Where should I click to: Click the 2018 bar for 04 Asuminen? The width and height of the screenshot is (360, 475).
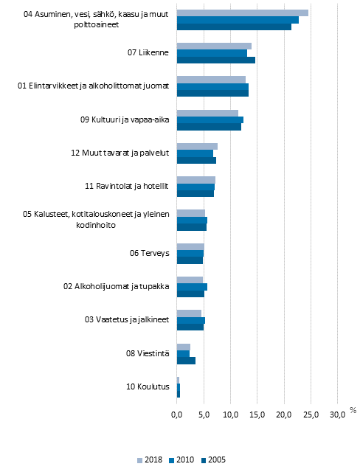[x=242, y=13]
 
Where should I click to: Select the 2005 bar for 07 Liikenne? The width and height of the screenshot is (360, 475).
[x=215, y=60]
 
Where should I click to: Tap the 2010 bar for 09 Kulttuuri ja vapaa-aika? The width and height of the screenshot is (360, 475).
[x=210, y=119]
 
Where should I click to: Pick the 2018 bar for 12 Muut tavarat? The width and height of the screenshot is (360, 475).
[x=197, y=146]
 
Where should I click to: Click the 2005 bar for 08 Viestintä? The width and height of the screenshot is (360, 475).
[x=186, y=361]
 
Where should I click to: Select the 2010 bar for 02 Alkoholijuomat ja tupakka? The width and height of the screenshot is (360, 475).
[x=192, y=287]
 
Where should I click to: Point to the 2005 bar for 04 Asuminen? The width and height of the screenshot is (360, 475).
[x=234, y=27]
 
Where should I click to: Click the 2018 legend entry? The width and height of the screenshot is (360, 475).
[x=150, y=460]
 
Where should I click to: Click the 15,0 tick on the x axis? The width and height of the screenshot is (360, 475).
[x=257, y=416]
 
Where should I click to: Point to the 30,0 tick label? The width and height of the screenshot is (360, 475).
[x=337, y=416]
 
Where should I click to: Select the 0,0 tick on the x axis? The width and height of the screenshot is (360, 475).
[x=177, y=416]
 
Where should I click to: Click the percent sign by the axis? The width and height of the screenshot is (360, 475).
[x=353, y=410]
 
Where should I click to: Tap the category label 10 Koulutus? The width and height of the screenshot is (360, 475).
[x=149, y=386]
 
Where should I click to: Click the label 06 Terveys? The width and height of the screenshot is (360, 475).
[x=150, y=253]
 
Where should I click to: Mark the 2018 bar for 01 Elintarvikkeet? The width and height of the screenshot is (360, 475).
[x=211, y=79]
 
